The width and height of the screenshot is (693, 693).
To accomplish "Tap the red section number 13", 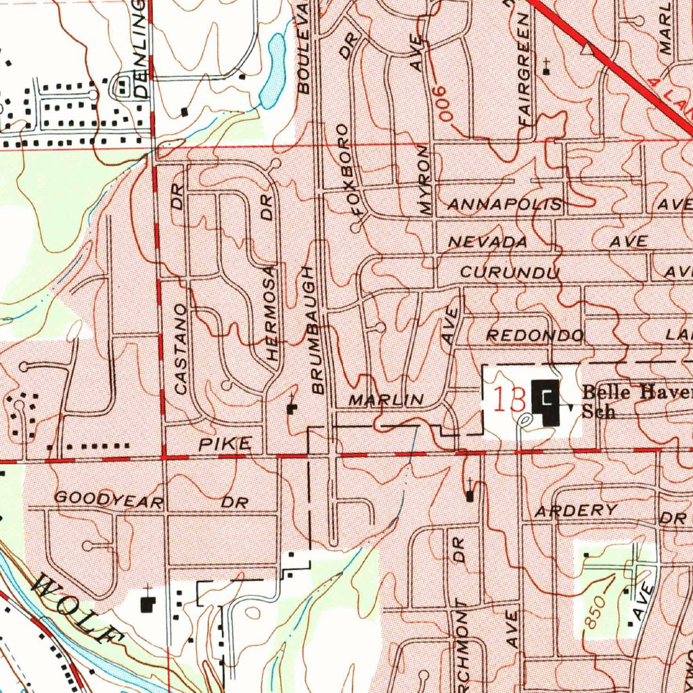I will coord(510,400).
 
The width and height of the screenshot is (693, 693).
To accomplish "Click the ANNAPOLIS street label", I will coord(506,204).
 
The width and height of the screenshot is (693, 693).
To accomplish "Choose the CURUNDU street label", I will coord(510,273).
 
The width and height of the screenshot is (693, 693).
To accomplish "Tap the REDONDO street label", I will coord(535,336).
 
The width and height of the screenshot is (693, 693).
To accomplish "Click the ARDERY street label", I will coord(576,511).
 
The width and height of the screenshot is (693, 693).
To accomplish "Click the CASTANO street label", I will coord(180,349).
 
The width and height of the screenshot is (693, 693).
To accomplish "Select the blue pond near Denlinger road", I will coord(275,71).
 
